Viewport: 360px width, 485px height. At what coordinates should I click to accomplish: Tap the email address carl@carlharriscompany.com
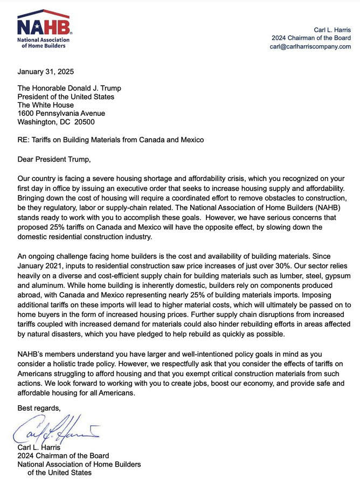click(310, 46)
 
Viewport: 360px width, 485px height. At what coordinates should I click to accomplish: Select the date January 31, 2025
click(46, 72)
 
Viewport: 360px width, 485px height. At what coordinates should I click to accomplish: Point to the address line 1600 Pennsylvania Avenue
click(61, 113)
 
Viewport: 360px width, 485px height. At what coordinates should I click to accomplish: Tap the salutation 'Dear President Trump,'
click(54, 160)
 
